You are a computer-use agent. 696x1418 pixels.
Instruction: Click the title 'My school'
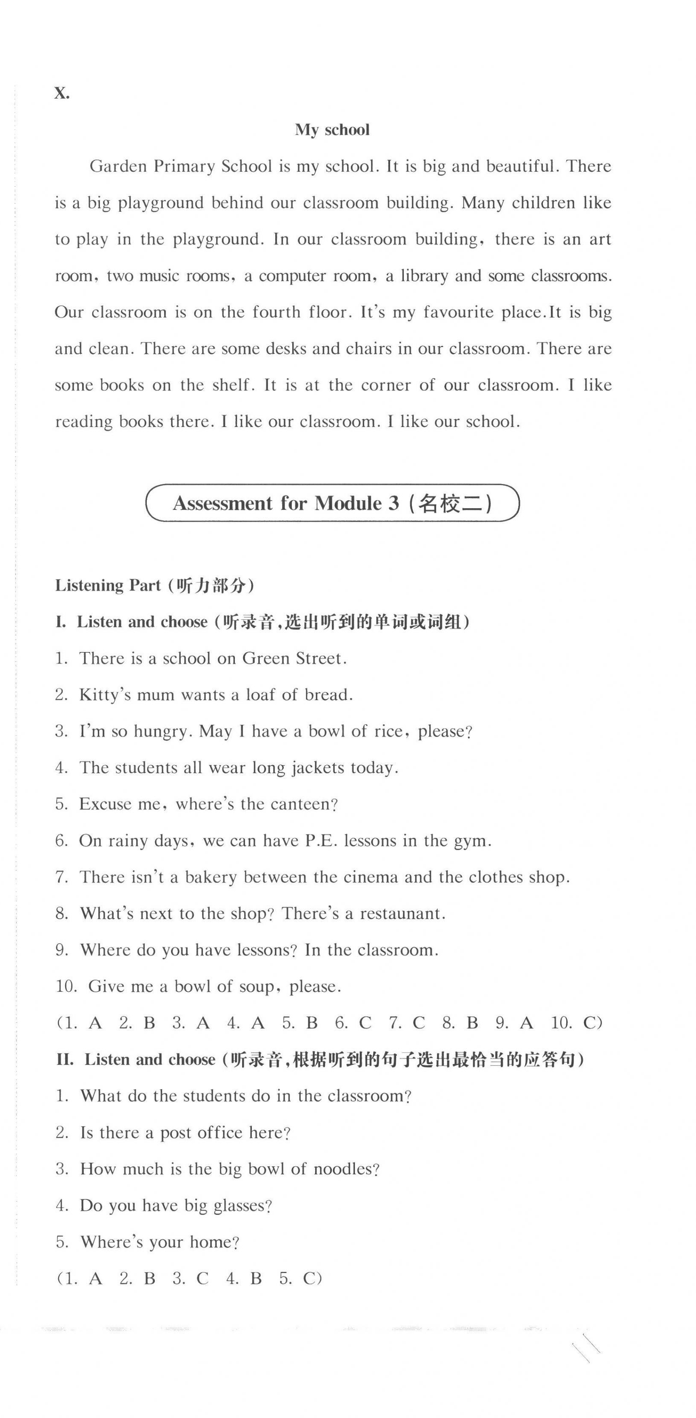tap(332, 130)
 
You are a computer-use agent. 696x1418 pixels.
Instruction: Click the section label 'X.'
tap(62, 94)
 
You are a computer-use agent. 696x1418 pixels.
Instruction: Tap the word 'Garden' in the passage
tap(118, 166)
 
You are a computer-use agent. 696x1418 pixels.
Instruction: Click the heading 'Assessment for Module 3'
tap(286, 503)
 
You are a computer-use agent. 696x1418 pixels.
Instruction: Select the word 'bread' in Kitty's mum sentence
tap(328, 695)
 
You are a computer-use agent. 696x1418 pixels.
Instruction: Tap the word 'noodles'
tap(345, 1169)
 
